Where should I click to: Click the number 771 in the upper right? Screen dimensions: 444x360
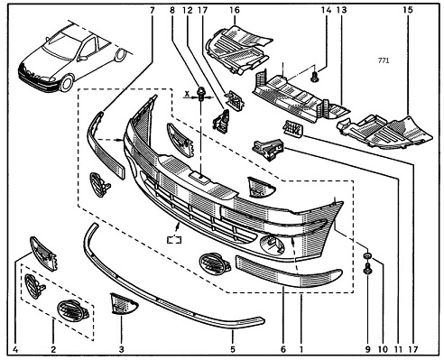click(x=384, y=60)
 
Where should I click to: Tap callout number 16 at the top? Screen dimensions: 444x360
click(x=235, y=10)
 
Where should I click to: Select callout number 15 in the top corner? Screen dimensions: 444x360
click(x=408, y=10)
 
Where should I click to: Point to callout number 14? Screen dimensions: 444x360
click(x=326, y=10)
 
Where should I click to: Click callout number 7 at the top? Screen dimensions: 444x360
click(x=152, y=10)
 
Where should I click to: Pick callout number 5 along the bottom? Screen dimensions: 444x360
click(x=233, y=349)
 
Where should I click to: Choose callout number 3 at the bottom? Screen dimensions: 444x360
click(x=121, y=349)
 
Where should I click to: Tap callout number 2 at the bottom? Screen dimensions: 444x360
click(x=53, y=349)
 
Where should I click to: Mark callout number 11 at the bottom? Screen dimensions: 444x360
click(x=398, y=349)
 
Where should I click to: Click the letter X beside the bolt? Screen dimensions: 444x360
click(x=187, y=95)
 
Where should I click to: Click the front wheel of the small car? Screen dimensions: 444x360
click(x=67, y=83)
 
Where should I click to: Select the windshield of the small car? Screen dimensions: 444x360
click(x=62, y=45)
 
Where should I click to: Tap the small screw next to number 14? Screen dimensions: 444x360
click(x=315, y=78)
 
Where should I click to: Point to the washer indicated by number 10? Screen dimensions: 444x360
click(x=367, y=256)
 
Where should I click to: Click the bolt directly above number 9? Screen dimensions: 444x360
click(x=367, y=268)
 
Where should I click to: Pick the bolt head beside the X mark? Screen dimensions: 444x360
click(x=200, y=93)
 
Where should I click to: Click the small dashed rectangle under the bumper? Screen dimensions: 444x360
click(x=174, y=240)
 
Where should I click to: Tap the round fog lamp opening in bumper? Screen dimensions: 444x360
click(x=273, y=245)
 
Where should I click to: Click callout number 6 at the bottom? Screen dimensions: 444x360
click(x=282, y=349)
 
